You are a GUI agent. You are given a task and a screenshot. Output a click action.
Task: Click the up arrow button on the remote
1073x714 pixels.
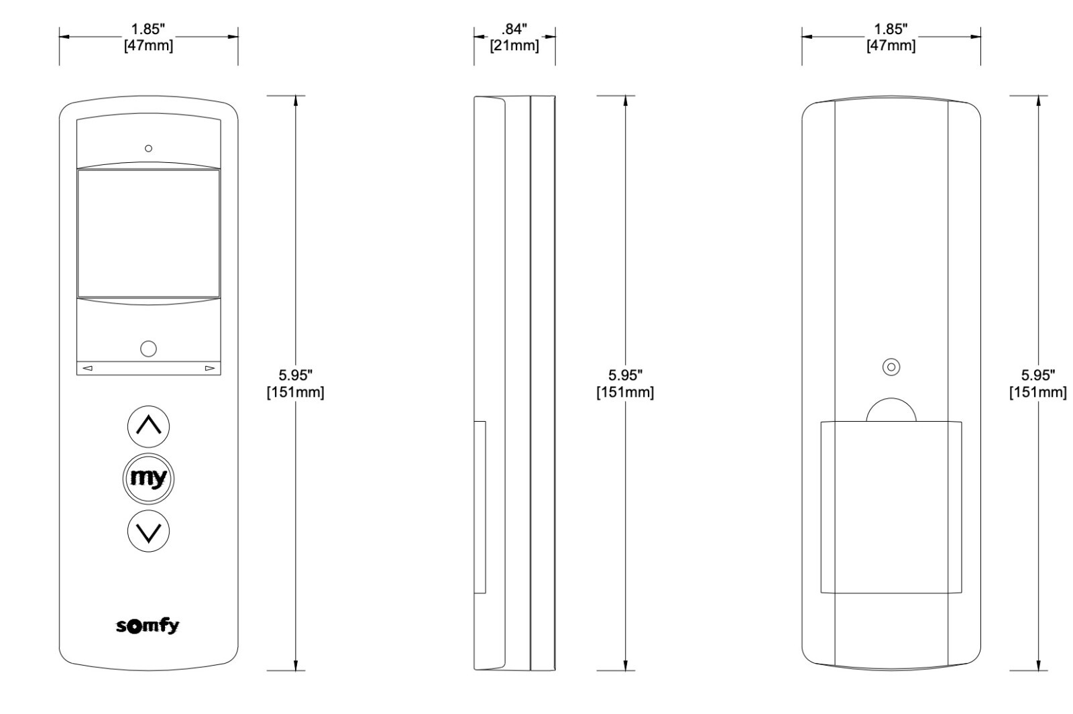click(x=148, y=426)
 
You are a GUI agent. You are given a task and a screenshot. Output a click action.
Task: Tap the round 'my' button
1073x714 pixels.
click(x=148, y=479)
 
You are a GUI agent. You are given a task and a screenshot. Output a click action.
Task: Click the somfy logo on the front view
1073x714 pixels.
click(x=148, y=626)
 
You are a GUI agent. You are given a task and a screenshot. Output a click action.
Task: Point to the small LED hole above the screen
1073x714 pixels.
click(x=148, y=148)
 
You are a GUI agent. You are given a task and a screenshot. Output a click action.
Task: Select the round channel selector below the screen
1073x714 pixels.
click(x=148, y=349)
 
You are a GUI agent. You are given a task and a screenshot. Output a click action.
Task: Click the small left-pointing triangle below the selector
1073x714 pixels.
click(x=88, y=368)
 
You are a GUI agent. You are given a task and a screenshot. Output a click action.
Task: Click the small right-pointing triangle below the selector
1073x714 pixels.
click(x=210, y=368)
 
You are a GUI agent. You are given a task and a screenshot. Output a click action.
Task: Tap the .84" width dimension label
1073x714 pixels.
click(x=514, y=29)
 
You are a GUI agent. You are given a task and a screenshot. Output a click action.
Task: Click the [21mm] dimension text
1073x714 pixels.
click(x=514, y=46)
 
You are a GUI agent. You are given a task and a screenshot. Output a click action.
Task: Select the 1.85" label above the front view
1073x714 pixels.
click(x=148, y=29)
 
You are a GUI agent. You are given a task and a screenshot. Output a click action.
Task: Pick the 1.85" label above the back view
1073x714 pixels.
click(x=891, y=29)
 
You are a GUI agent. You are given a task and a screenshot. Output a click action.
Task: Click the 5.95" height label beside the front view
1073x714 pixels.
click(x=296, y=375)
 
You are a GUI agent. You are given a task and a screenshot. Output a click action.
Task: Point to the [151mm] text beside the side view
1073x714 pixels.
click(x=625, y=392)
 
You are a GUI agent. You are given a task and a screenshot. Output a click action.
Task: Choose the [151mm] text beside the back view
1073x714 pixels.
click(x=1038, y=392)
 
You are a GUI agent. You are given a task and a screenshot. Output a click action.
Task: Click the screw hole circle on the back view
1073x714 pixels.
click(x=891, y=367)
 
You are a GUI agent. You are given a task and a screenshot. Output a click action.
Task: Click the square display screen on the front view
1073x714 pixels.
click(x=148, y=234)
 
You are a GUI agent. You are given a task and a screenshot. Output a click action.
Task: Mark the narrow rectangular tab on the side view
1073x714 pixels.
click(x=480, y=507)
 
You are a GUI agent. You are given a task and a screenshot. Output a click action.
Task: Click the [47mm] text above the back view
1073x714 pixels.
click(x=891, y=46)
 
